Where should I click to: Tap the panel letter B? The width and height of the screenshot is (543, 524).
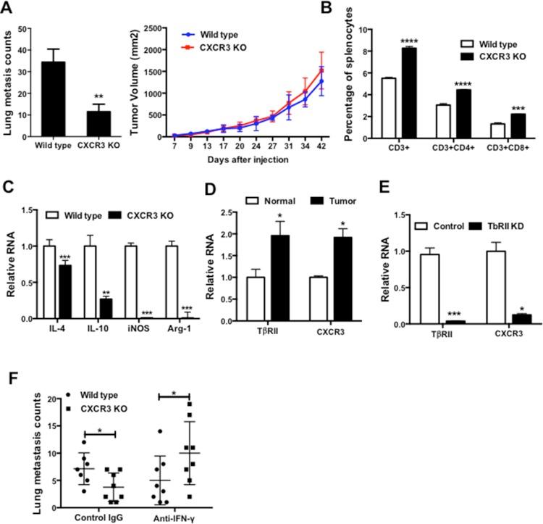click(378, 9)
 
